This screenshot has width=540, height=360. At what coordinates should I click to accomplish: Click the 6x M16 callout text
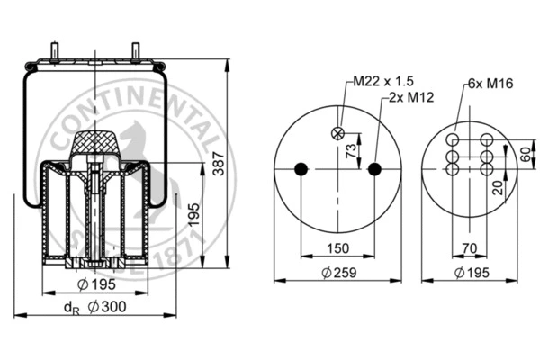click(490, 84)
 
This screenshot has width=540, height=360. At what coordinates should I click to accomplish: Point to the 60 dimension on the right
click(526, 154)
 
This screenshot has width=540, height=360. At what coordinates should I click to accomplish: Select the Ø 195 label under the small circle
click(472, 273)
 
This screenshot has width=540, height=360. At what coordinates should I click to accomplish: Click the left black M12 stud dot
click(301, 168)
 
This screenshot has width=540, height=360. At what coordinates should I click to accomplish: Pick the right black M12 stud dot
click(374, 168)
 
